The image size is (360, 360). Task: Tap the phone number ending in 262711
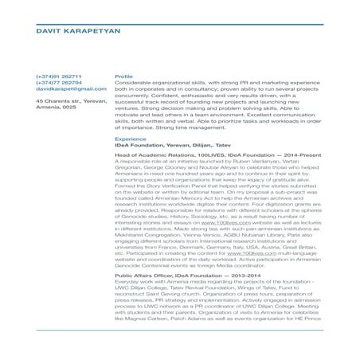(58, 76)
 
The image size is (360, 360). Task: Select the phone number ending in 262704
(58, 83)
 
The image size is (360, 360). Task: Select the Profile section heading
(124, 76)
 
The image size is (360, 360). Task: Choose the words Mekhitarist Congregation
(150, 238)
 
